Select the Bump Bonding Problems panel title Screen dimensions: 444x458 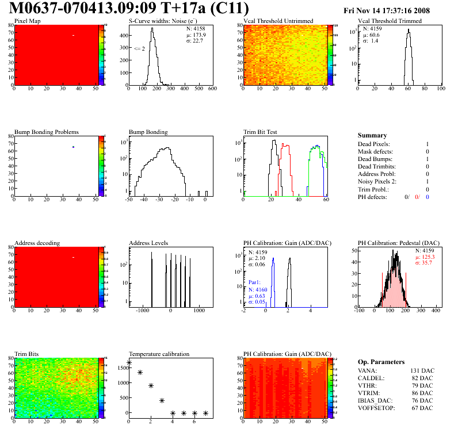click(x=47, y=132)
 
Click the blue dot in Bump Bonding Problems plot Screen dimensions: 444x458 click(x=74, y=147)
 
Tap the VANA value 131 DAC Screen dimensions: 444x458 click(x=422, y=370)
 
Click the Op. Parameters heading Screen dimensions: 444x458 click(x=381, y=362)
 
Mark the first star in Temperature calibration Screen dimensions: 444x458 click(x=129, y=363)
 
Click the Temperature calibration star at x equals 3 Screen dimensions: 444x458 click(x=162, y=400)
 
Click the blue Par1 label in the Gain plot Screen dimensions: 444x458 click(x=254, y=282)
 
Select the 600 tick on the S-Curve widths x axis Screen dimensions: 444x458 click(x=212, y=89)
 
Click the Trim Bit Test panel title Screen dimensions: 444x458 click(x=261, y=132)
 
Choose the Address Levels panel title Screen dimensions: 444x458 click(x=149, y=243)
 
